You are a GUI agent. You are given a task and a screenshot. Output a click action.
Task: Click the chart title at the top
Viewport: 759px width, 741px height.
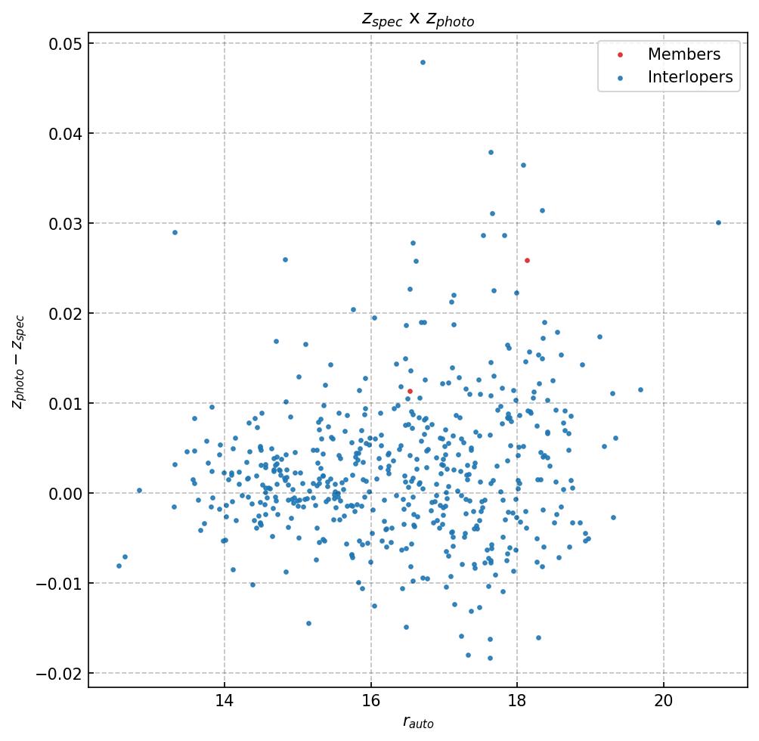(418, 20)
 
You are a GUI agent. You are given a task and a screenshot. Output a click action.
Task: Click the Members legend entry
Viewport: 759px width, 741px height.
(683, 54)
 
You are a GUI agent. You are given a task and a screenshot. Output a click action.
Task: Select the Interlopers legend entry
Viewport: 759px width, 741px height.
(689, 77)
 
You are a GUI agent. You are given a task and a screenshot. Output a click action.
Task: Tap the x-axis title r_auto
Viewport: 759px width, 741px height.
(418, 723)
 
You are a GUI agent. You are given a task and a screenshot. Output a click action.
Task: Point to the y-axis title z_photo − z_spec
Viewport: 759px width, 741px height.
(18, 362)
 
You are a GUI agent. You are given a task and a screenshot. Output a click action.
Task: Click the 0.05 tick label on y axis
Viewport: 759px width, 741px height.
(66, 44)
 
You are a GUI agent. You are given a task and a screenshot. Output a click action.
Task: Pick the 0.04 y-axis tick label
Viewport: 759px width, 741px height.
(66, 134)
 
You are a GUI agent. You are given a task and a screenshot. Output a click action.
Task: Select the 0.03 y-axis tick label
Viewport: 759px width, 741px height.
(66, 224)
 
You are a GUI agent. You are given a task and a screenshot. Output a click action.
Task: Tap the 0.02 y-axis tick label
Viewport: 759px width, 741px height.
(66, 314)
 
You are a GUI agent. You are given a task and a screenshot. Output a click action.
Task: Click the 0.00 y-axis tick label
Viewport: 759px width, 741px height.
(66, 494)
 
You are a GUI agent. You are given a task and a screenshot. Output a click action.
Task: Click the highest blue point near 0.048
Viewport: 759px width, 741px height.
(423, 62)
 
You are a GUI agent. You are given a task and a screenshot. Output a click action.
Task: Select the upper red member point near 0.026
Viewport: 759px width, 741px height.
(528, 260)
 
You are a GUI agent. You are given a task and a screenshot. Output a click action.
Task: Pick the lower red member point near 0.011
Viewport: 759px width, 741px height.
(410, 391)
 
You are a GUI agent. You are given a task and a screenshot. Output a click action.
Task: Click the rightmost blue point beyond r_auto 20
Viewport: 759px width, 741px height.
(718, 222)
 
